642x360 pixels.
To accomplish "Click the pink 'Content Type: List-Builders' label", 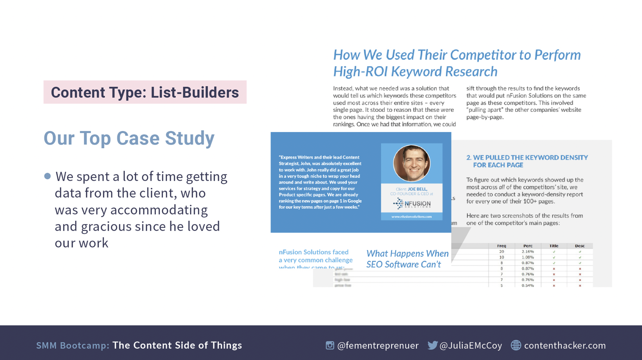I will tap(145, 92).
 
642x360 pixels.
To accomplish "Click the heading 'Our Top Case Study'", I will tap(129, 138).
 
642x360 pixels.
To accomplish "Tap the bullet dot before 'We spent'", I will tap(47, 176).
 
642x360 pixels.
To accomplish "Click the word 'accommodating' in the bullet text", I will tap(159, 210).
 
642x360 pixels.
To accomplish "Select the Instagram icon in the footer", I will tap(330, 345).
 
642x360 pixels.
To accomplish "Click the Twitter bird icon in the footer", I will tap(432, 345).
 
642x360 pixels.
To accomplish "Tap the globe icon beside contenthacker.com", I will tap(516, 345).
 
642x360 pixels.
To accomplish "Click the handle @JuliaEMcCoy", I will tap(471, 345).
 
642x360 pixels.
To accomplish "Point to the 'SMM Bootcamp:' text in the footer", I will tap(73, 345).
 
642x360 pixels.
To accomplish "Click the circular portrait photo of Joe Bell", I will tap(412, 163).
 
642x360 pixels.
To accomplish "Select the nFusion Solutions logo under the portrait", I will tap(412, 204).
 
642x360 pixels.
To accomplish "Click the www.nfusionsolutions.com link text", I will tap(412, 216).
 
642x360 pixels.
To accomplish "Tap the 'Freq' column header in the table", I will tap(502, 246).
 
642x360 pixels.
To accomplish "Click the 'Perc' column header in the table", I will tap(528, 246).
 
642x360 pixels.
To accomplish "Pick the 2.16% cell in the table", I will tap(528, 252).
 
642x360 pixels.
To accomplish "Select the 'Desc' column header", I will tap(580, 246).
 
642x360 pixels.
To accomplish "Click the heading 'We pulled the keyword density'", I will tap(527, 161).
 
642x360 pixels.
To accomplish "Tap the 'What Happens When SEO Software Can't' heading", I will tap(407, 259).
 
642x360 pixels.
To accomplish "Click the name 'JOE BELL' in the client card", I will tap(417, 189).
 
